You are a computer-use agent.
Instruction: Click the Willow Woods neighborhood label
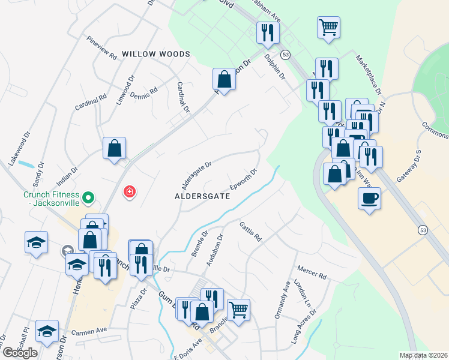point(156,54)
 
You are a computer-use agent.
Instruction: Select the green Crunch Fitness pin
point(88,196)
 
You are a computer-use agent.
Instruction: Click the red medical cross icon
point(128,192)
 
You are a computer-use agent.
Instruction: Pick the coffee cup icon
point(369,197)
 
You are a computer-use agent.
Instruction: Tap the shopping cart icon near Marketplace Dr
point(328,27)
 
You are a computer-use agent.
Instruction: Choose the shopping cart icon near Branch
point(238,310)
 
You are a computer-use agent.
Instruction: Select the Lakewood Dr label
point(19,152)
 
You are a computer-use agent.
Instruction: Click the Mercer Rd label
point(312,272)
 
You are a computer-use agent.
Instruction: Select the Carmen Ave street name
point(88,330)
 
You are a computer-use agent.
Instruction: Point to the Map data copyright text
point(423,355)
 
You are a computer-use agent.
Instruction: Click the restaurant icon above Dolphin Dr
point(267,32)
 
